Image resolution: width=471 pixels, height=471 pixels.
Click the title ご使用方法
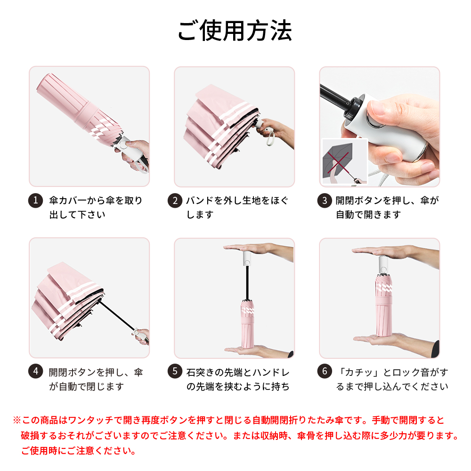(235, 31)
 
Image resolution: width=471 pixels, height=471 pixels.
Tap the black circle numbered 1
(35, 200)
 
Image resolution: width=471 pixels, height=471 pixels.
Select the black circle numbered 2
(175, 200)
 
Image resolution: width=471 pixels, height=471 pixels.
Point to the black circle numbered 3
(325, 200)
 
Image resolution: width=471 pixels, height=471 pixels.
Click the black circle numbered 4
(35, 371)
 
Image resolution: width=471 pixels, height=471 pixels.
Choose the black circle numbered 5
(175, 371)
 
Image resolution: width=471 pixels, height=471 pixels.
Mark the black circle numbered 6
(325, 371)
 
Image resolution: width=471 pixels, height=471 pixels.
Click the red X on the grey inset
(339, 163)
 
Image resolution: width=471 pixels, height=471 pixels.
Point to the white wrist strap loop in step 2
(271, 137)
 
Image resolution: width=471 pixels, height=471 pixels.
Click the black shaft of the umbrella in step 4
(117, 316)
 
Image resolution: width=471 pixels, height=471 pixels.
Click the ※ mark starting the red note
(17, 420)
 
